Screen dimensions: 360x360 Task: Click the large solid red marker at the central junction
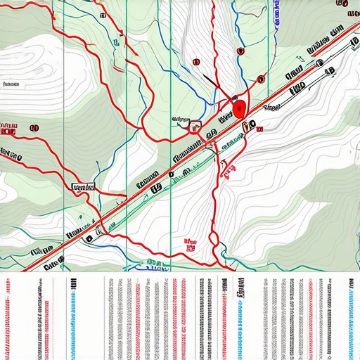pos(240,109)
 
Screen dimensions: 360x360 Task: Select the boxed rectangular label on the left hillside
pos(83,187)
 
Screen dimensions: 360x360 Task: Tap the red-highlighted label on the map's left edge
pos(8,129)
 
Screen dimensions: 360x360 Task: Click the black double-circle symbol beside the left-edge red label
pos(34,129)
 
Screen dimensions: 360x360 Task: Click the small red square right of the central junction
pos(259,129)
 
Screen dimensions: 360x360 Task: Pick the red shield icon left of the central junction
pos(193,127)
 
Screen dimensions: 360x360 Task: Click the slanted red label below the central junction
pos(228,167)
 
